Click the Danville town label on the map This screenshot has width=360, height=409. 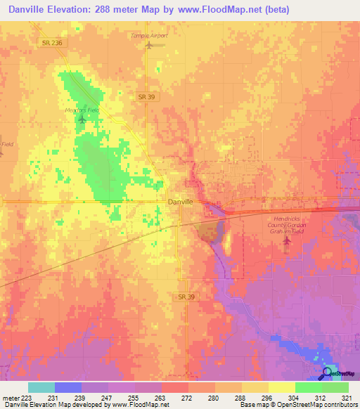(179, 202)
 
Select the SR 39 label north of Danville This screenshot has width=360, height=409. (146, 96)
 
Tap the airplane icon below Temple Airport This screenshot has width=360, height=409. (148, 46)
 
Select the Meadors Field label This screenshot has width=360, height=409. (82, 109)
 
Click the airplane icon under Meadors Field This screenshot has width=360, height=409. (82, 119)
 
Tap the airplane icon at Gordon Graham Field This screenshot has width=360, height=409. (286, 242)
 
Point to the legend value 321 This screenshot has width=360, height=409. (347, 398)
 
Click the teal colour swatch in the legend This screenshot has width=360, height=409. (41, 387)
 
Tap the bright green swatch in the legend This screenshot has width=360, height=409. (308, 387)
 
